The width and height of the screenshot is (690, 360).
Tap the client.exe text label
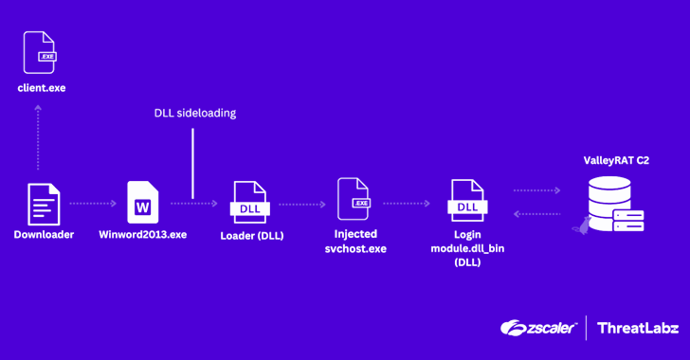[x=42, y=88]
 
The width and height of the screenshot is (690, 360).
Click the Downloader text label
[x=44, y=235]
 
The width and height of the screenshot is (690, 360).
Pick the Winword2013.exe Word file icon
[x=143, y=202]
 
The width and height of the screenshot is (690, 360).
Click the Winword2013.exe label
[x=143, y=235]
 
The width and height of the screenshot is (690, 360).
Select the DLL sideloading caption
[x=195, y=113]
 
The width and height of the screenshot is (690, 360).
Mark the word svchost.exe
[x=355, y=248]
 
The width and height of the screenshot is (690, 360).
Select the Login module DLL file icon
[x=467, y=202]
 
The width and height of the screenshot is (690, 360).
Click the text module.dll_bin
[x=467, y=248]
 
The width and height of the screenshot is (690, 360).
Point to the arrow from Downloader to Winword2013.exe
[x=93, y=203]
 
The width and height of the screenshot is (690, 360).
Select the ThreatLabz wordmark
[x=636, y=328]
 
